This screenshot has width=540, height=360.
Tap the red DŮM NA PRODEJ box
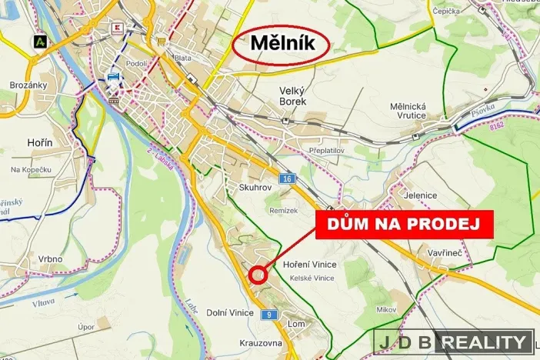click(x=404, y=223)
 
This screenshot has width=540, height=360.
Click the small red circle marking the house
click(x=258, y=274)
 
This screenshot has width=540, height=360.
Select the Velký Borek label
click(x=292, y=95)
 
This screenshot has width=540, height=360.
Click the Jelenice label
click(x=421, y=195)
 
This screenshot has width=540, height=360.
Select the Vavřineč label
click(x=446, y=252)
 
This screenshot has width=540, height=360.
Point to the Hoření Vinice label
click(x=310, y=265)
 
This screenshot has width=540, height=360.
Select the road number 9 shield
click(x=268, y=315)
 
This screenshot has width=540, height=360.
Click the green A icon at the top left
click(x=38, y=41)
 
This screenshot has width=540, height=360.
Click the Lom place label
click(x=295, y=324)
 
